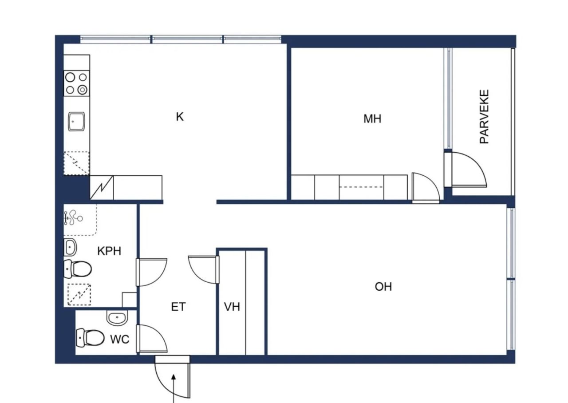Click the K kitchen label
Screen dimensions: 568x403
coord(180,117)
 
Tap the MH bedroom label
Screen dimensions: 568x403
coord(372,119)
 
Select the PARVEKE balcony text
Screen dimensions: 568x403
coord(484,117)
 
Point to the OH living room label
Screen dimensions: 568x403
coord(383,287)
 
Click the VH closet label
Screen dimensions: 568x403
coord(232,307)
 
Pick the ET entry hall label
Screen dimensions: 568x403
coord(178,307)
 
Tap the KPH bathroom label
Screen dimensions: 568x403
coord(109,251)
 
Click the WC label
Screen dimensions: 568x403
coord(120,339)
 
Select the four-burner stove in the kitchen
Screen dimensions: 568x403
coord(77,83)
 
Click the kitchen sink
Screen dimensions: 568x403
coord(76,122)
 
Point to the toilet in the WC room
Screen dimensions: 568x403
coord(90,338)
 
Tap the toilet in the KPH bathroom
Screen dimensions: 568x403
coord(78,269)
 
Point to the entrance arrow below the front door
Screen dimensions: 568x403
coord(174,388)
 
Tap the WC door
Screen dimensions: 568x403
coord(152,339)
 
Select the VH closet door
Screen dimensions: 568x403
coord(204,269)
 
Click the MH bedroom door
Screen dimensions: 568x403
coord(426,188)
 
